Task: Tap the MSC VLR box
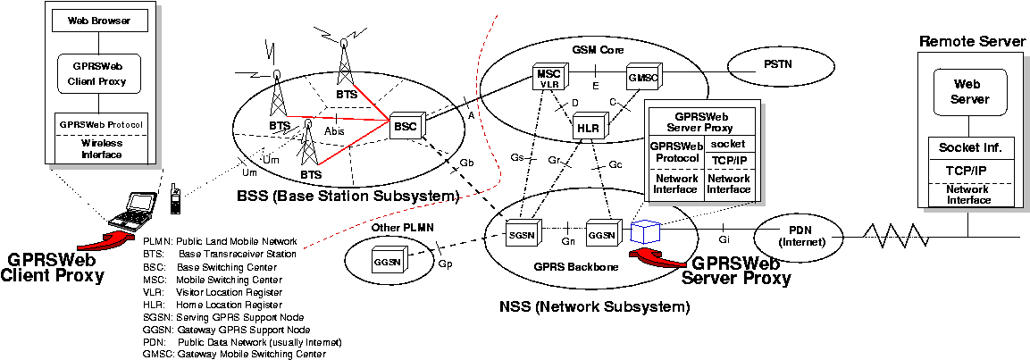547,76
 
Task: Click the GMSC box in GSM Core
641,77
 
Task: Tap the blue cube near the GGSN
644,232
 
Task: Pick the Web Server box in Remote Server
970,92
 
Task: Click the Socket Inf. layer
970,147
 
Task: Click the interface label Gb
466,163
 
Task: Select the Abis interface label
334,130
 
